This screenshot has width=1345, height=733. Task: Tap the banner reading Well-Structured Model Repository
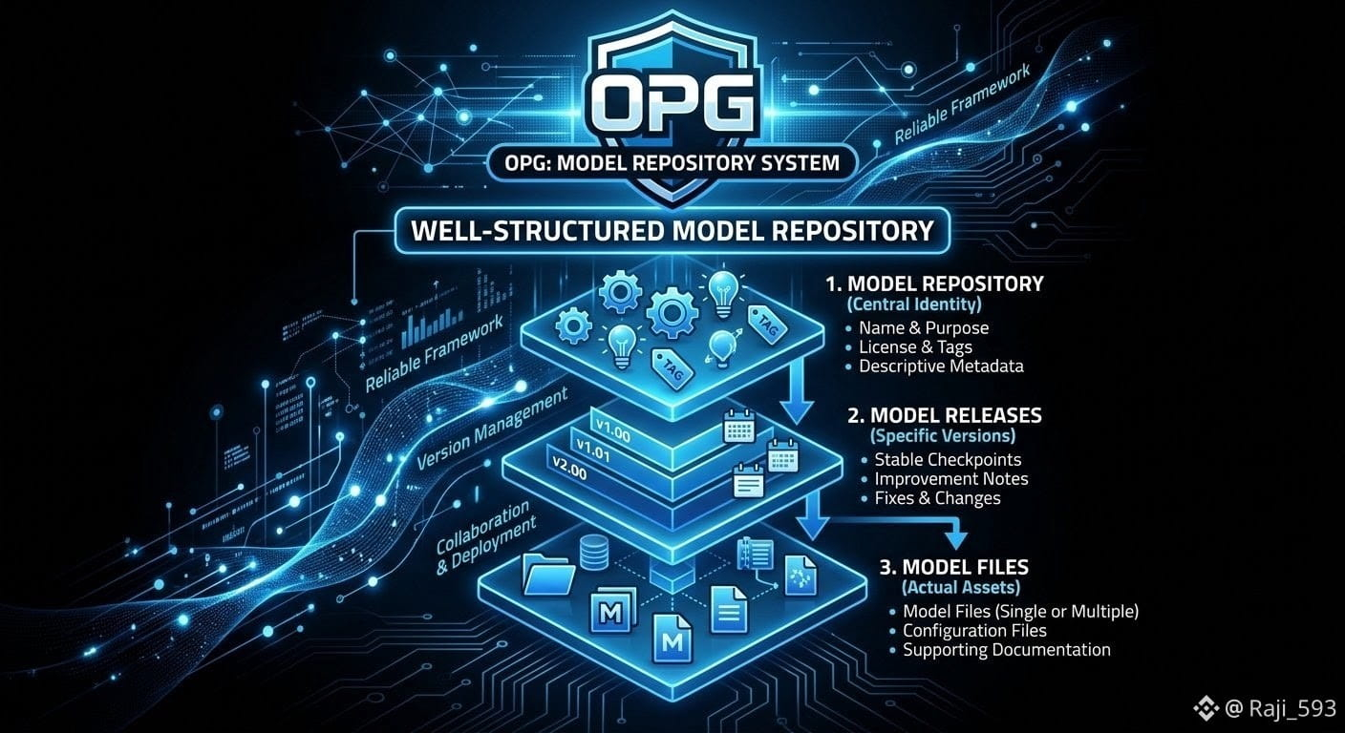672,231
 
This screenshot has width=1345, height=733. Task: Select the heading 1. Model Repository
934,283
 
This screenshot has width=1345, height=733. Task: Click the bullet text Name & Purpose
924,328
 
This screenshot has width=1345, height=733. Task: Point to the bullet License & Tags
915,347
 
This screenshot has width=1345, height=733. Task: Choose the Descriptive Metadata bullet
941,366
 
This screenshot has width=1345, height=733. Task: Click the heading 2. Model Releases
945,416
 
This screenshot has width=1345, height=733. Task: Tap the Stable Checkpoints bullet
948,460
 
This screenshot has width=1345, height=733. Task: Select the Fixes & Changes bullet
937,498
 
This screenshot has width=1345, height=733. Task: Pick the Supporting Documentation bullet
1006,650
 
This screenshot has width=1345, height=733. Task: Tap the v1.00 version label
612,430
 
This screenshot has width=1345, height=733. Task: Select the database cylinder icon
594,553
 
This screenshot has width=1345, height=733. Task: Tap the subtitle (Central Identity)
914,304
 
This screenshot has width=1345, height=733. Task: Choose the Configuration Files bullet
974,631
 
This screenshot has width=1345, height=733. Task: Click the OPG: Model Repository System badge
672,162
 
